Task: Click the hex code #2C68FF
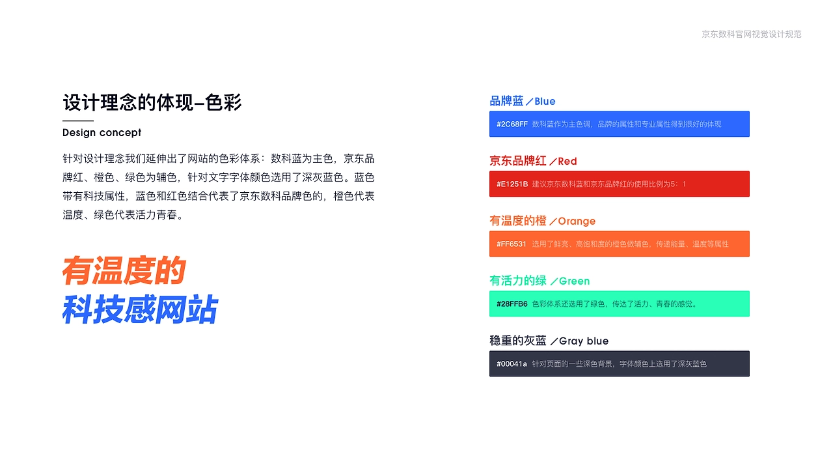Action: [512, 124]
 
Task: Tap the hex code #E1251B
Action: [512, 184]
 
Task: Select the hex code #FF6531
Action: [512, 244]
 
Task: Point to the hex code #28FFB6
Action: [512, 304]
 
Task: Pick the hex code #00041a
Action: [512, 364]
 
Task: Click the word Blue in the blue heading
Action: [545, 102]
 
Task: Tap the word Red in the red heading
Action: [567, 162]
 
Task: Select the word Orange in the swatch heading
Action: [577, 221]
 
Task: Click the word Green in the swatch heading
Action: [574, 281]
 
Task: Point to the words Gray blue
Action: [584, 341]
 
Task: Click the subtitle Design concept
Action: [102, 133]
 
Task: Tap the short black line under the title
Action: [78, 121]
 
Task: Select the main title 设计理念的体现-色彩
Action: [152, 102]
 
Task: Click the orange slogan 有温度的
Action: [124, 270]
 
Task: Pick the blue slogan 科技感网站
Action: [140, 309]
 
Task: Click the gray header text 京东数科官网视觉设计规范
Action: [752, 35]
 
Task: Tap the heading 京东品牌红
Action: [518, 161]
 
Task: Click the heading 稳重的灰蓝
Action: [518, 341]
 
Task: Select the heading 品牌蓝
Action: [506, 101]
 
